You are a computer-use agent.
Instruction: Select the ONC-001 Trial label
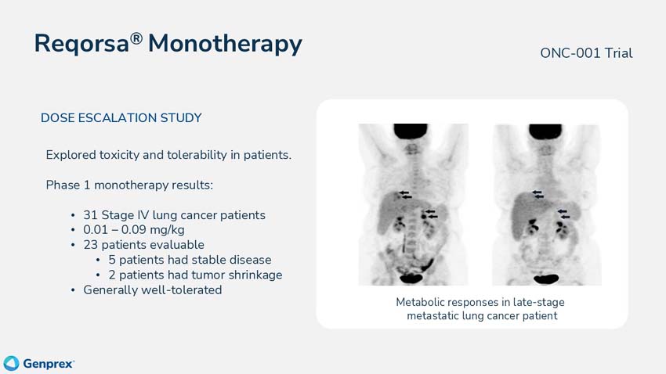[586, 53]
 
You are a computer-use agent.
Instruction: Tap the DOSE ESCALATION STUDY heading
[121, 118]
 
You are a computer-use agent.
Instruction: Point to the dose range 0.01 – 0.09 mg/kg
[134, 230]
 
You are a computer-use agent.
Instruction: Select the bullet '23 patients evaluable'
[143, 245]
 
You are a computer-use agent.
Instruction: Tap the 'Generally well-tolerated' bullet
[153, 290]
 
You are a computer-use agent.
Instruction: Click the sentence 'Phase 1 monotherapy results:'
[129, 185]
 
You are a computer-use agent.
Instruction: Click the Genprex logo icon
[11, 363]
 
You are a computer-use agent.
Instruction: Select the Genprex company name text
[49, 364]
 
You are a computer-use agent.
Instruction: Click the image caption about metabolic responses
[480, 309]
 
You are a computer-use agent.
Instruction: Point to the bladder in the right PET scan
[546, 277]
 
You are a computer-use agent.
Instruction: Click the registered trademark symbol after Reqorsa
[136, 36]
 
